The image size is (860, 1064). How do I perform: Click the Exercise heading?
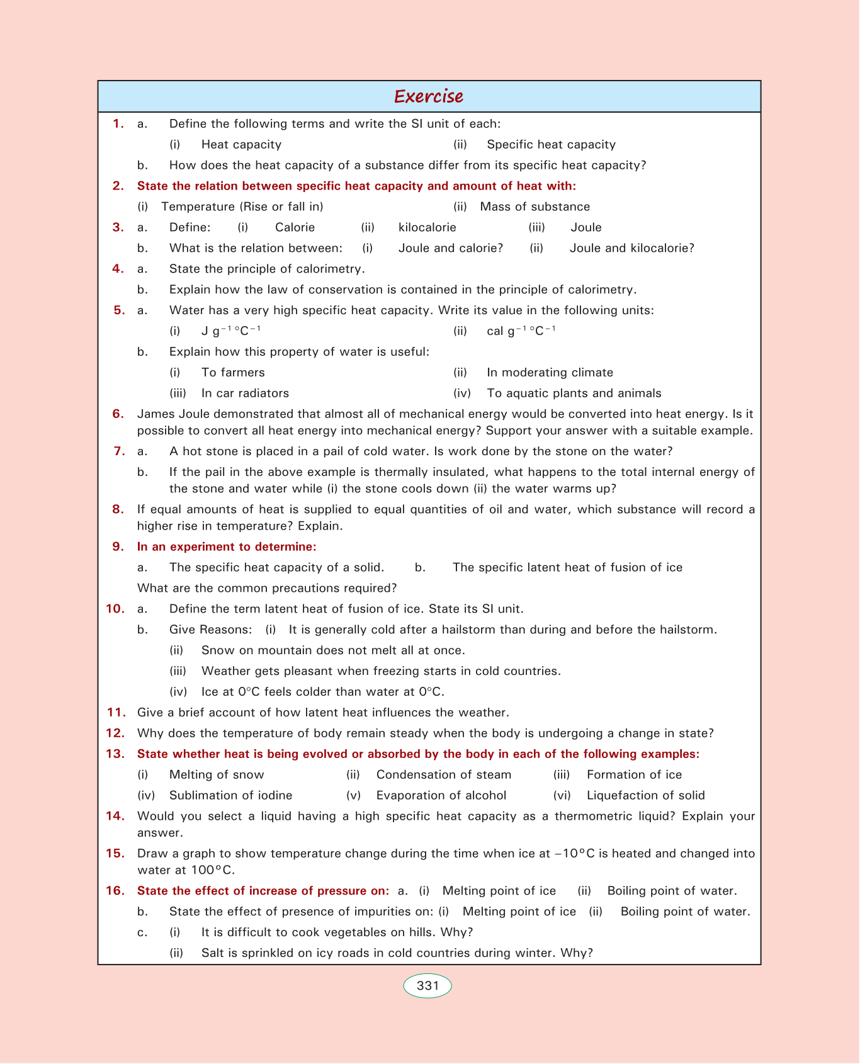pyautogui.click(x=429, y=96)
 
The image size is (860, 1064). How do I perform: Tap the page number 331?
pyautogui.click(x=427, y=986)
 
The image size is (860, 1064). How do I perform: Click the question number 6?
pyautogui.click(x=118, y=414)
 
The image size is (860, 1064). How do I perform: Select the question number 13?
pyautogui.click(x=115, y=754)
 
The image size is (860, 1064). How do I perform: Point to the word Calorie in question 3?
pyautogui.click(x=295, y=227)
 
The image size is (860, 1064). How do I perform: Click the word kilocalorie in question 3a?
pyautogui.click(x=427, y=227)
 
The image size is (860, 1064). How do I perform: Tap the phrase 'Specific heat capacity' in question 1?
pyautogui.click(x=551, y=145)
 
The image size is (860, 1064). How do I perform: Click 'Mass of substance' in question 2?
pyautogui.click(x=535, y=207)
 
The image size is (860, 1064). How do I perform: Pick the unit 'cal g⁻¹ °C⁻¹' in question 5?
pyautogui.click(x=521, y=331)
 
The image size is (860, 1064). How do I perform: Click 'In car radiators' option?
pyautogui.click(x=245, y=393)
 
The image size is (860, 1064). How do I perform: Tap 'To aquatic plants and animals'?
pyautogui.click(x=574, y=393)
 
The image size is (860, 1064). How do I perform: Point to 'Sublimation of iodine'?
pyautogui.click(x=230, y=796)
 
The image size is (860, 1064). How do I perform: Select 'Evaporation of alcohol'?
pyautogui.click(x=441, y=796)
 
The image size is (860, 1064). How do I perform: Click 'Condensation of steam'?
pyautogui.click(x=443, y=775)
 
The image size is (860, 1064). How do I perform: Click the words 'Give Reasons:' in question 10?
pyautogui.click(x=210, y=630)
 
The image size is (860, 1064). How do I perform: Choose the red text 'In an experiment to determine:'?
pyautogui.click(x=227, y=546)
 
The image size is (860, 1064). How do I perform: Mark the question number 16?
pyautogui.click(x=115, y=891)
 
